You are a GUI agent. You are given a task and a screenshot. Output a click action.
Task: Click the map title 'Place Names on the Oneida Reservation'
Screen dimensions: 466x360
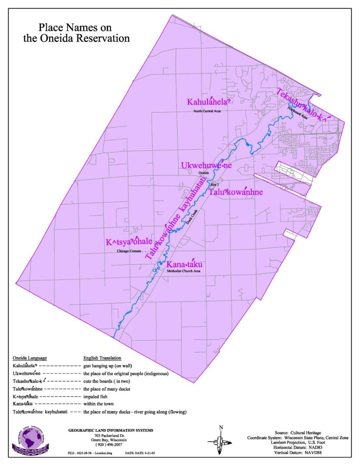76,33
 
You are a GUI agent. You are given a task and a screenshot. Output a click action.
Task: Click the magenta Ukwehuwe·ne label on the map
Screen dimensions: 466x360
206,166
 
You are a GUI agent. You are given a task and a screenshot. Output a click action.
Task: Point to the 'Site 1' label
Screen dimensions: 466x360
215,185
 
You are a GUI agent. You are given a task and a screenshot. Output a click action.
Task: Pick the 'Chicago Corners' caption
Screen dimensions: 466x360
129,251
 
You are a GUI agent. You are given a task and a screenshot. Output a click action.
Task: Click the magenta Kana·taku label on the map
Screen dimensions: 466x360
184,264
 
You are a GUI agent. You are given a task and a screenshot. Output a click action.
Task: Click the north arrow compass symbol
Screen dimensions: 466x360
221,440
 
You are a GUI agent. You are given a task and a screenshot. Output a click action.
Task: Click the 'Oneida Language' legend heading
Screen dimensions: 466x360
30,358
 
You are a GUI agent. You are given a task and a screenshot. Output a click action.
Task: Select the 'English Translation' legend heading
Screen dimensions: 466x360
102,358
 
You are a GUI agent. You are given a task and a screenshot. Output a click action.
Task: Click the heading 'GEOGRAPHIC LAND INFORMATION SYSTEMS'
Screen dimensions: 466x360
111,430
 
